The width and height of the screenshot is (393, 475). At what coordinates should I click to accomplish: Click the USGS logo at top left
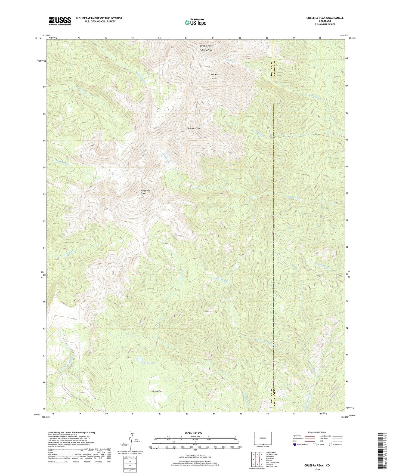point(60,21)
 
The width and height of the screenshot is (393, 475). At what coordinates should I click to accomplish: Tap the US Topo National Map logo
point(195,22)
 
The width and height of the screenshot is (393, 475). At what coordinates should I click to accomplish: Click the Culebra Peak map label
point(206,50)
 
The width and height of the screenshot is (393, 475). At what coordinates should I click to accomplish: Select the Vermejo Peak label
point(194,128)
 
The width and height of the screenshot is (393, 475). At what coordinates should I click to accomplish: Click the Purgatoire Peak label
point(145,192)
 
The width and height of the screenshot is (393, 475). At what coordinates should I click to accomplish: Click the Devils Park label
point(157,391)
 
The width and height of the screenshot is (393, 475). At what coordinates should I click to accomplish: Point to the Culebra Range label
point(207,46)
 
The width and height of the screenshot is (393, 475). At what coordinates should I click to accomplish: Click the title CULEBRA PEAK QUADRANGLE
point(325,18)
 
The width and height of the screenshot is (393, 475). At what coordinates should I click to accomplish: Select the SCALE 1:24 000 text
point(195,433)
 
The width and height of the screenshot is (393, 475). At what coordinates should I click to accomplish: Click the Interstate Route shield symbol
point(295,445)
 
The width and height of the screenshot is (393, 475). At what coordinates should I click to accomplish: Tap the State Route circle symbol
point(330,445)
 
